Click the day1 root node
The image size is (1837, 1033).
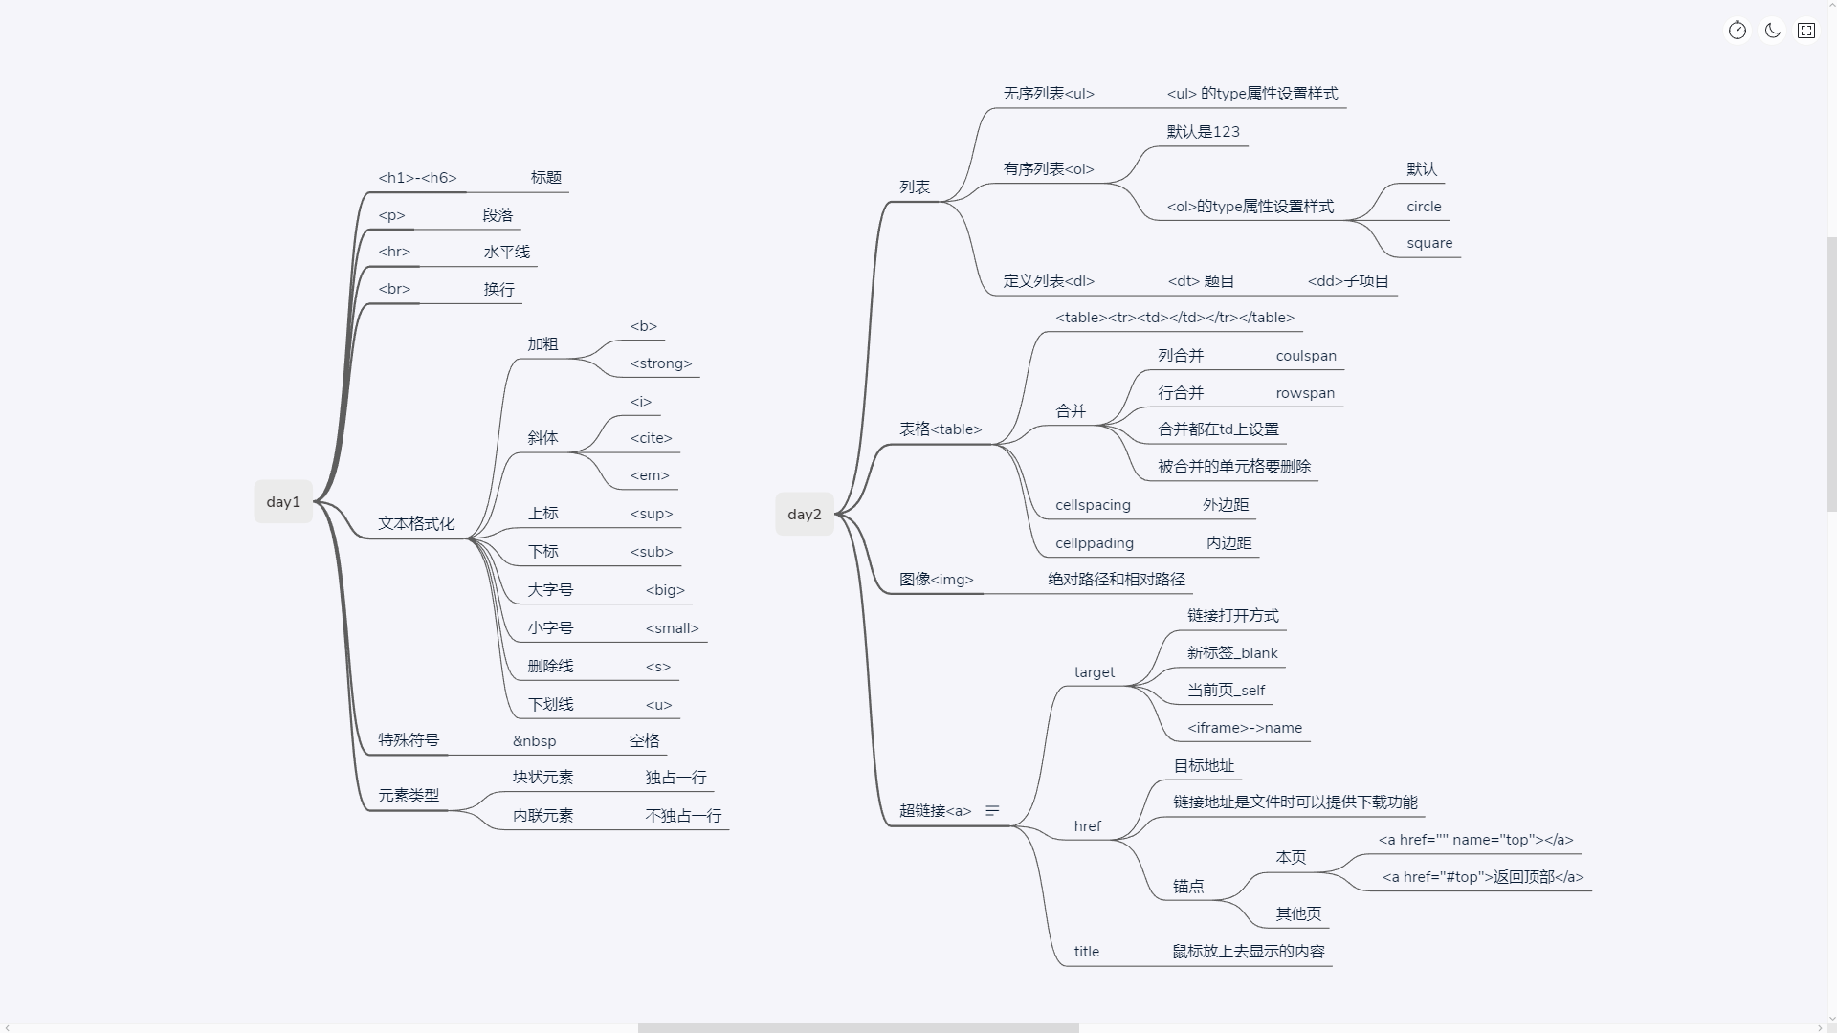click(x=283, y=502)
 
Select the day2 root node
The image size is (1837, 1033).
click(x=805, y=515)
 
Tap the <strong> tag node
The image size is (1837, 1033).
click(x=661, y=363)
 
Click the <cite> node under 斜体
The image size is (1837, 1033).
click(x=652, y=438)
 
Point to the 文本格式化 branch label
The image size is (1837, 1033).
click(x=416, y=524)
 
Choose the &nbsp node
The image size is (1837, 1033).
click(x=534, y=741)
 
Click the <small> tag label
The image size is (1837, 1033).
click(x=673, y=628)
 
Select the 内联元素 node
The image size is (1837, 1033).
click(x=542, y=816)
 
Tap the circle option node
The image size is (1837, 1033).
click(x=1424, y=207)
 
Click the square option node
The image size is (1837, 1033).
click(x=1429, y=243)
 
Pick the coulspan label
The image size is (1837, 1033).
click(x=1306, y=356)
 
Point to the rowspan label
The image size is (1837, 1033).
click(x=1305, y=393)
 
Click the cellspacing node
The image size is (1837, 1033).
click(x=1093, y=505)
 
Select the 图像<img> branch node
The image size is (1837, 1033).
click(x=936, y=580)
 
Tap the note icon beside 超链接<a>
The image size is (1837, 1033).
click(x=992, y=811)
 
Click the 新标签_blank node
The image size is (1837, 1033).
click(x=1232, y=653)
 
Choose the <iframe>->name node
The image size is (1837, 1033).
click(x=1245, y=728)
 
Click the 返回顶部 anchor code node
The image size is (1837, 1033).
click(x=1483, y=877)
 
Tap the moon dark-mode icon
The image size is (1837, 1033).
click(x=1772, y=31)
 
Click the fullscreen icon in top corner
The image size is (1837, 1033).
click(x=1806, y=31)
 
